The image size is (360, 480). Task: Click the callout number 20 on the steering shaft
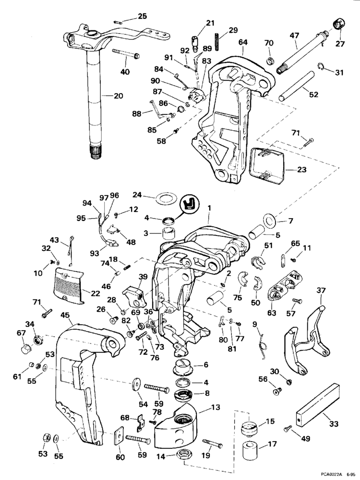118,96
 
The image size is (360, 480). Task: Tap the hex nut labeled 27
337,24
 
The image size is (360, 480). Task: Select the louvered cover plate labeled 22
72,285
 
